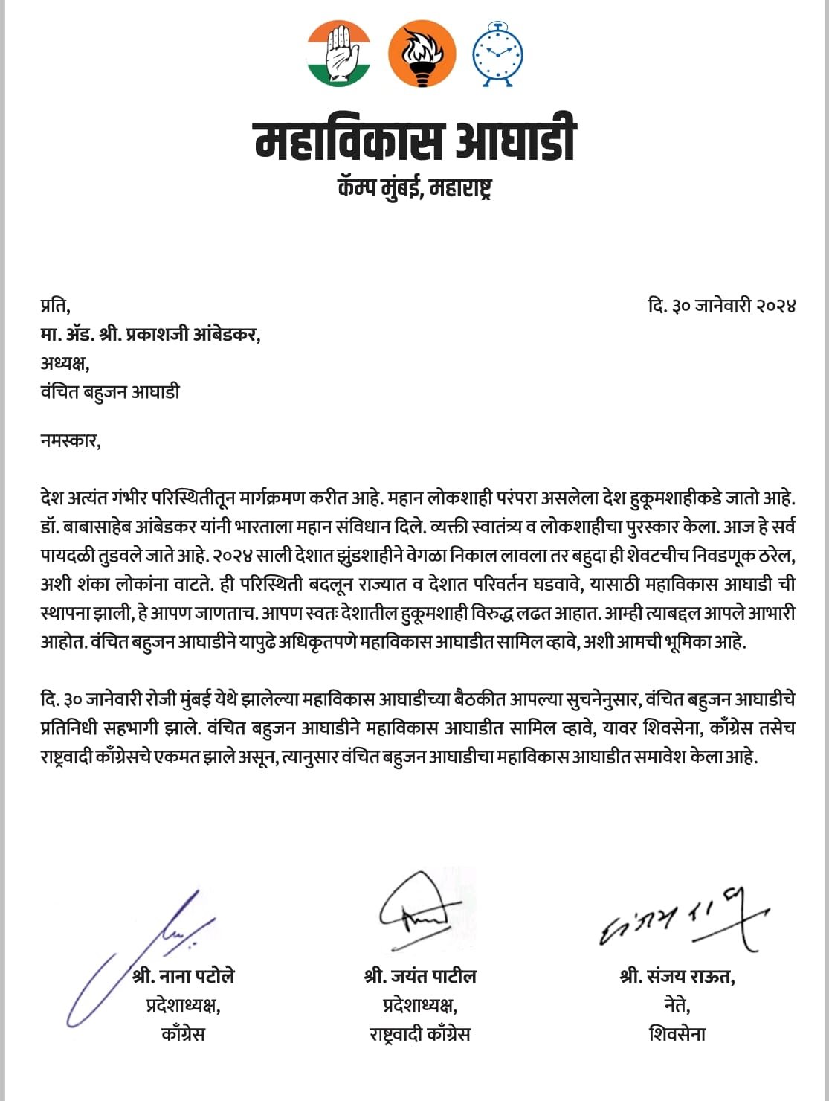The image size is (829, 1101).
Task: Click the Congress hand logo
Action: point(338,53)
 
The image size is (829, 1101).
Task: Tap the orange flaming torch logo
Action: point(422,54)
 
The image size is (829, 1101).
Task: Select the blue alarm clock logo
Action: point(498,53)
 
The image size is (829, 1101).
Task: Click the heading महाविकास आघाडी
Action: point(416,141)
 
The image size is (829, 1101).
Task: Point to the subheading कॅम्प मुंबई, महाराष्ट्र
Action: point(415,187)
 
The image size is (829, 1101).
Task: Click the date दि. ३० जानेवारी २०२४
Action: point(721,306)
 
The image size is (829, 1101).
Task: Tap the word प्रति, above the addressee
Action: point(56,306)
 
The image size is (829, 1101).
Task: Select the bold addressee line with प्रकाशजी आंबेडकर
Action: point(151,335)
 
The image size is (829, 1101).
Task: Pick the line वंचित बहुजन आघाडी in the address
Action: point(110,391)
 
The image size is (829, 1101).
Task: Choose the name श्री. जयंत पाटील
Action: point(420,975)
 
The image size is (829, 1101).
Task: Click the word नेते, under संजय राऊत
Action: point(677,1005)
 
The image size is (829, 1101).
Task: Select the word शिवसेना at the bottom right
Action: point(677,1034)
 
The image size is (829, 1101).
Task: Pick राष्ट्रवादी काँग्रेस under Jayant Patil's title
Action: point(420,1034)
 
